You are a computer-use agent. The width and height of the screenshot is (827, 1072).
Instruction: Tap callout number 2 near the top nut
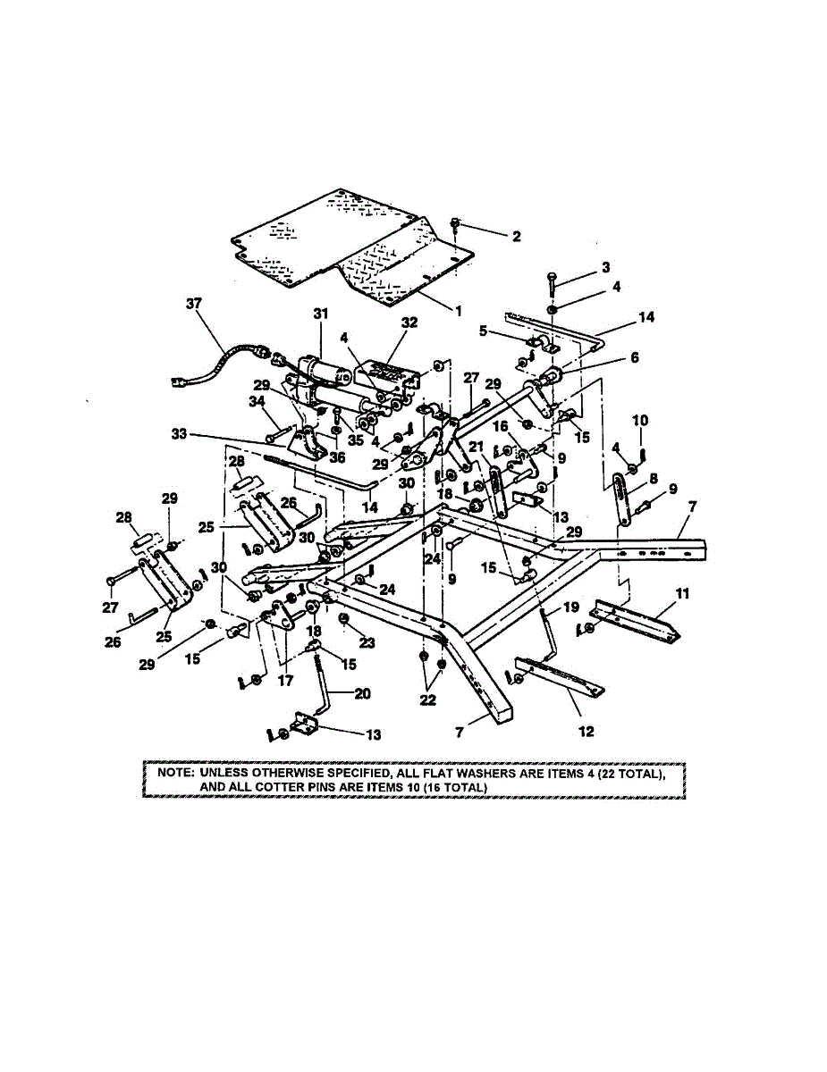pos(515,237)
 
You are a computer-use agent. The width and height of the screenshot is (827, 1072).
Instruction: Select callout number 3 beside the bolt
pos(605,267)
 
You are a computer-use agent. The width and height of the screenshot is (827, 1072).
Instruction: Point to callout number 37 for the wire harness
pos(194,303)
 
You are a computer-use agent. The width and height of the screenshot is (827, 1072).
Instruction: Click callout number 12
pos(586,732)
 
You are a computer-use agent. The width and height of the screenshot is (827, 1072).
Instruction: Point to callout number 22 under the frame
pos(428,700)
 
